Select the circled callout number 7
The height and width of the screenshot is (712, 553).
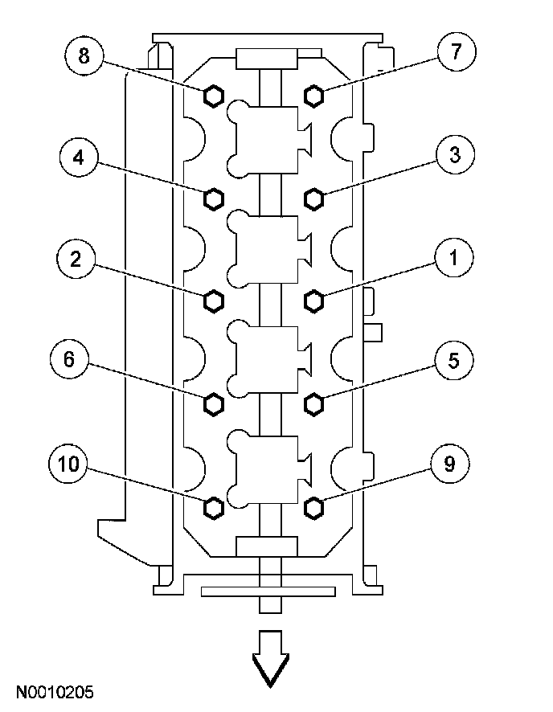pyautogui.click(x=456, y=53)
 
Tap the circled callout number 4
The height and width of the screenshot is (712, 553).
pyautogui.click(x=79, y=157)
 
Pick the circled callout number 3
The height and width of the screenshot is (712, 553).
pyautogui.click(x=455, y=156)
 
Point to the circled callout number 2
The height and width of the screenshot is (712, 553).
pyautogui.click(x=76, y=259)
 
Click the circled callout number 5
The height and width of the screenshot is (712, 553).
pyautogui.click(x=453, y=360)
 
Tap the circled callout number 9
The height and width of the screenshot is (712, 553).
pyautogui.click(x=449, y=464)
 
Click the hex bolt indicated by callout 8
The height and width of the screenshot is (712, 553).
pyautogui.click(x=213, y=96)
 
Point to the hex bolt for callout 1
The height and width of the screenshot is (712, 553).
pyautogui.click(x=314, y=301)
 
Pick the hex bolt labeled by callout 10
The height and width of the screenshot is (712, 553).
pyautogui.click(x=213, y=507)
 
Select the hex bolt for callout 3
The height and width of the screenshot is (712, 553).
pyautogui.click(x=314, y=198)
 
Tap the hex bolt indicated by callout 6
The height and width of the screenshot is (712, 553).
pyautogui.click(x=213, y=403)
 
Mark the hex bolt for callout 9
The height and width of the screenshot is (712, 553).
pyautogui.click(x=314, y=507)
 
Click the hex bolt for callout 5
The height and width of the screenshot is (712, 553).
pyautogui.click(x=314, y=403)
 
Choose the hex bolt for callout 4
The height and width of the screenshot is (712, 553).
pyautogui.click(x=213, y=198)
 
